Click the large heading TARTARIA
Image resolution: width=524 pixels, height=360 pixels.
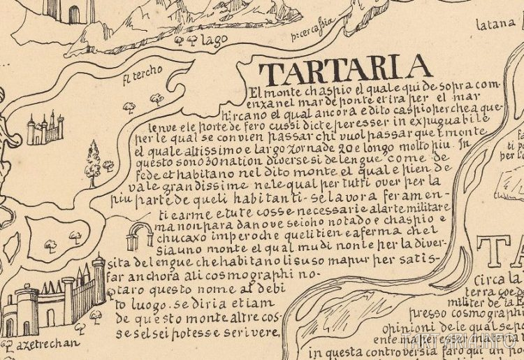pos(344,69)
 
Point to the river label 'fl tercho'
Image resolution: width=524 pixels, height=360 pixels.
pos(142,73)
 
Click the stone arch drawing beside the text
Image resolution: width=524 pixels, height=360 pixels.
pos(139,237)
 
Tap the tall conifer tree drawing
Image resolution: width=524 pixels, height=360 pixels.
pos(93,163)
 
